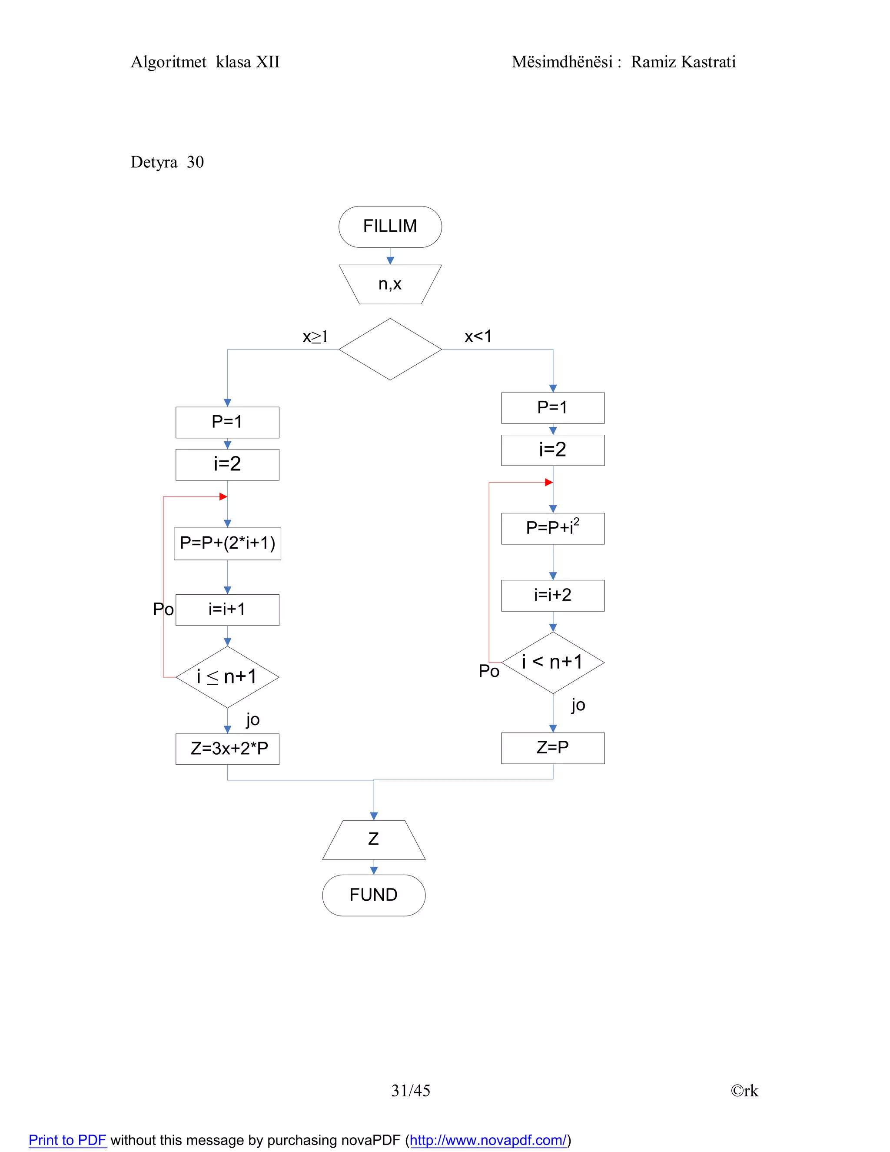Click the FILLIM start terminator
click(390, 226)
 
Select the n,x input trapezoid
click(390, 284)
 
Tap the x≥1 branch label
click(315, 336)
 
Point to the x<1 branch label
click(478, 336)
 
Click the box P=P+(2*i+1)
click(227, 543)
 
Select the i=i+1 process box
click(227, 610)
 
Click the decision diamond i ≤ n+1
click(227, 677)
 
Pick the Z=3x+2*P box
click(227, 749)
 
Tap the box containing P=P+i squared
click(553, 528)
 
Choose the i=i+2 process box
click(553, 596)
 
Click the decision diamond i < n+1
click(553, 663)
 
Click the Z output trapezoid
click(373, 839)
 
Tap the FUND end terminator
click(373, 895)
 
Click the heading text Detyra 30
click(167, 163)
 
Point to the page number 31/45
click(411, 1090)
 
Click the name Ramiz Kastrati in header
click(683, 62)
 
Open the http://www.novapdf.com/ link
click(488, 1140)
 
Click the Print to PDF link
click(67, 1140)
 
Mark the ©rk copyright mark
click(744, 1091)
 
